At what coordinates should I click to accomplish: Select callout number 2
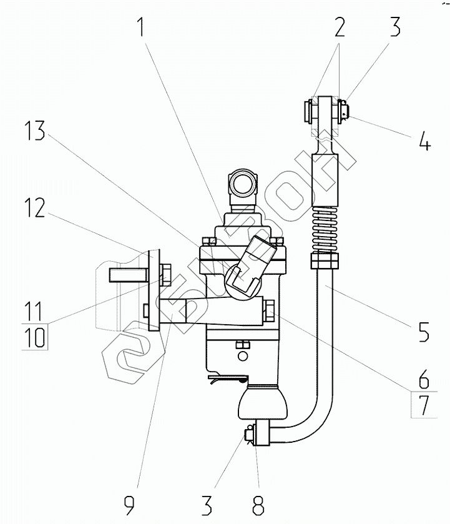coord(339,27)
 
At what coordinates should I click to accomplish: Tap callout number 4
coord(424,141)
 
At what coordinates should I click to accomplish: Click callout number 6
coord(424,378)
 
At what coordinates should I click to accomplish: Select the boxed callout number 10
coord(36,337)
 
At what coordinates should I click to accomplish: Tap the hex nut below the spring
coord(326,258)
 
